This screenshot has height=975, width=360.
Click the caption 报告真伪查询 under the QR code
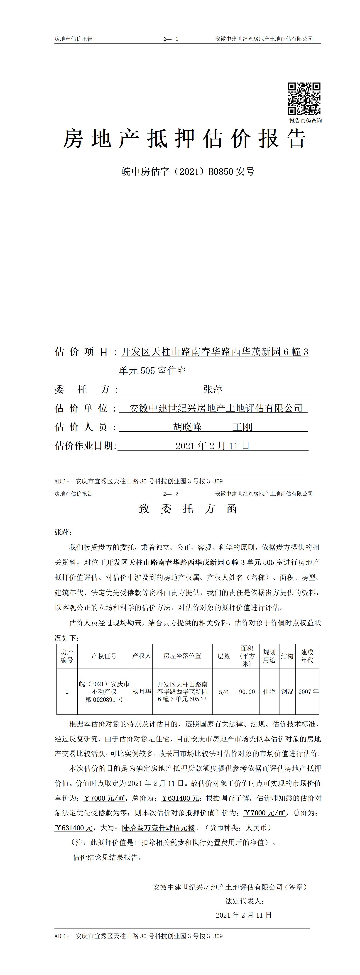(x=306, y=121)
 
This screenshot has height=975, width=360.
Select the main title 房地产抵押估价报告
(x=184, y=139)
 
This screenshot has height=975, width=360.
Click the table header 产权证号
(x=104, y=656)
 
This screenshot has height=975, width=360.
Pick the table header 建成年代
(x=307, y=656)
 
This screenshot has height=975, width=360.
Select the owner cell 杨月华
(x=142, y=692)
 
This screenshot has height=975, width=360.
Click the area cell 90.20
(x=246, y=692)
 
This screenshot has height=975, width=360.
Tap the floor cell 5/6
(x=224, y=692)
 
